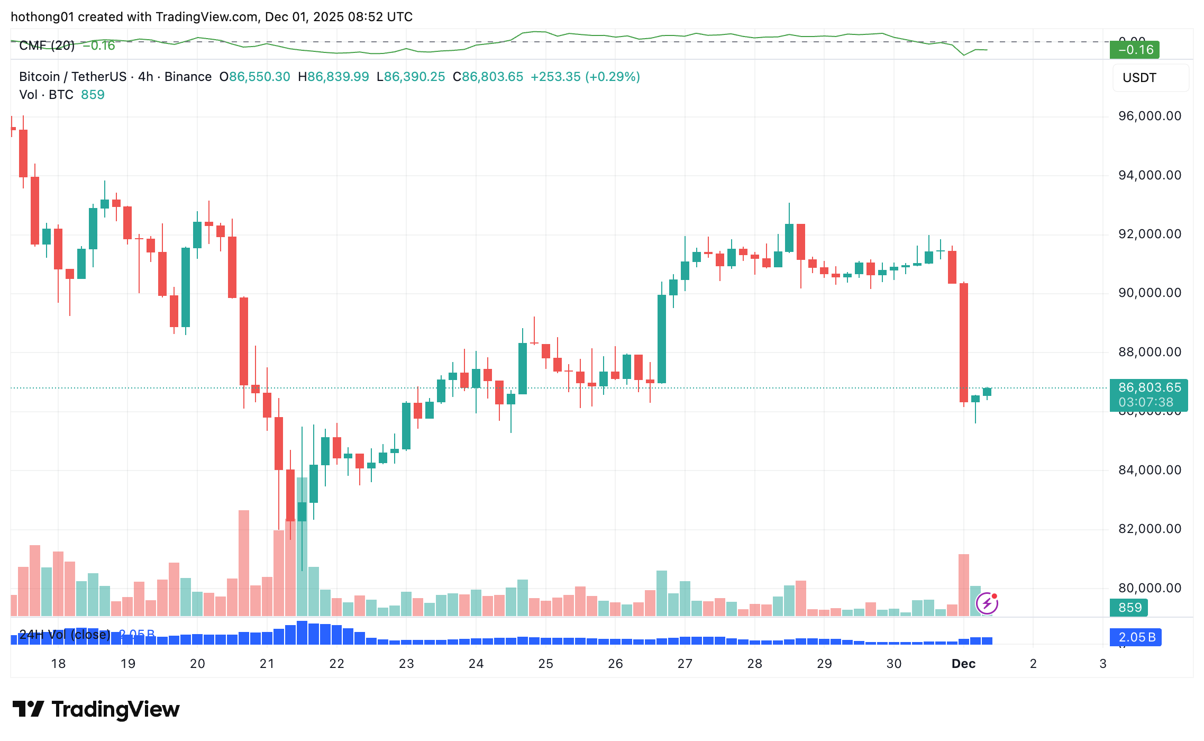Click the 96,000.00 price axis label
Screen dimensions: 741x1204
point(1149,116)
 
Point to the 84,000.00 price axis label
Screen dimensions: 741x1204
point(1149,470)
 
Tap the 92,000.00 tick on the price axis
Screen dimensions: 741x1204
point(1149,234)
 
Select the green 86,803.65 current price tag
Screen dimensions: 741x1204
point(1148,395)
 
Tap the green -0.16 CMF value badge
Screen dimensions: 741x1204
point(1135,50)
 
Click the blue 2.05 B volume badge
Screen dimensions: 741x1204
point(1135,637)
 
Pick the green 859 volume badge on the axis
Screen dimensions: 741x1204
point(1129,608)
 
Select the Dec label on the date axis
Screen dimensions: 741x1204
point(963,664)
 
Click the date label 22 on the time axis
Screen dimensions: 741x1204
point(336,664)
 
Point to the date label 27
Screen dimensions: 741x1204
point(685,664)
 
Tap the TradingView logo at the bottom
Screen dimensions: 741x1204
point(96,709)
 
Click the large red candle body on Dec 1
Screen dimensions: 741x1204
point(964,343)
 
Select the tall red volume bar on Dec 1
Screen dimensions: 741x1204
point(964,585)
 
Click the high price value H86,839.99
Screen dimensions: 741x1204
point(333,77)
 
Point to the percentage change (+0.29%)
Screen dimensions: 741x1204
point(613,77)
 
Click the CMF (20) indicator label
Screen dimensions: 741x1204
point(47,46)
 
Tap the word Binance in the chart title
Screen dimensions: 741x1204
point(188,77)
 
